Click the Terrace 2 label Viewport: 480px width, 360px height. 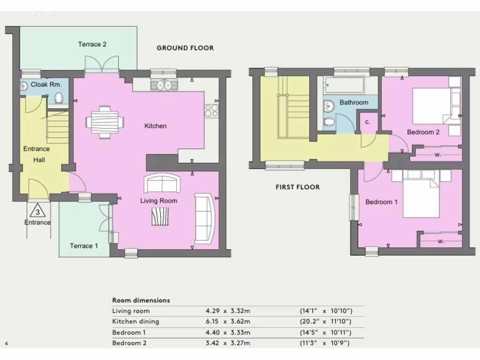click(x=92, y=44)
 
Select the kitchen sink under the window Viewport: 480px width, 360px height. click(x=164, y=85)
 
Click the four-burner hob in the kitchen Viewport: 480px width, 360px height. click(x=211, y=111)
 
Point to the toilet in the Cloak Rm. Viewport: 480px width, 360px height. click(x=59, y=98)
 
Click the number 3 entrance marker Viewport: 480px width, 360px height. click(x=37, y=211)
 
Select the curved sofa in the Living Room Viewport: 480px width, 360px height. click(x=205, y=218)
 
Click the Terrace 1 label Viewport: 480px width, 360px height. click(x=84, y=246)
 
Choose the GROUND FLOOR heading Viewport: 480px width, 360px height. click(x=185, y=48)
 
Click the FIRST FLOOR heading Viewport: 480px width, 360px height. click(x=298, y=187)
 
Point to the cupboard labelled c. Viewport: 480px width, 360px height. click(x=368, y=122)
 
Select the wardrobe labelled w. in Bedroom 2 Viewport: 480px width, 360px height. click(x=437, y=154)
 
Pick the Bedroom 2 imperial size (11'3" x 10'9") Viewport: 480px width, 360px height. click(x=326, y=343)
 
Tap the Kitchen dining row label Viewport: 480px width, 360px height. click(x=135, y=322)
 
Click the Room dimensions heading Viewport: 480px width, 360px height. click(x=141, y=300)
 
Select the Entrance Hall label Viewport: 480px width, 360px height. click(x=37, y=154)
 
